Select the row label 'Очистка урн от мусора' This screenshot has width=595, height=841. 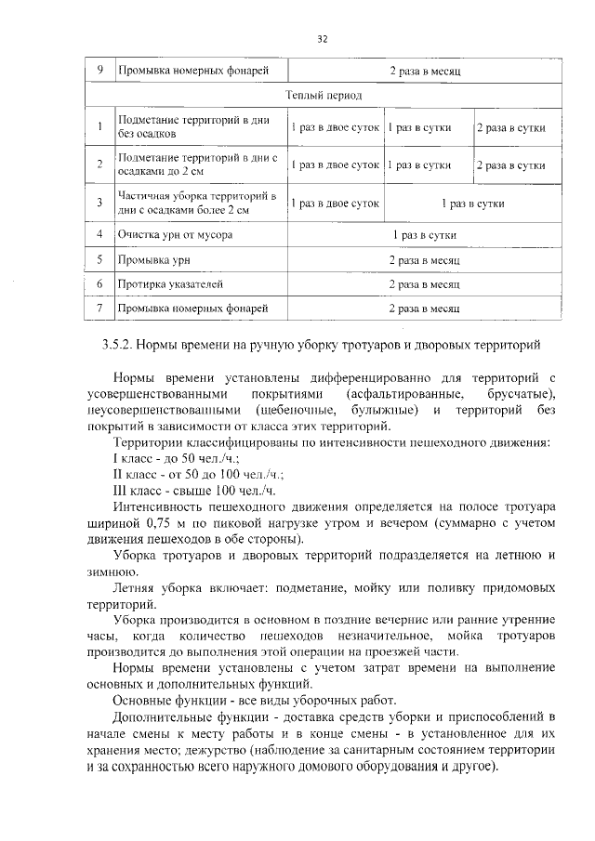(174, 235)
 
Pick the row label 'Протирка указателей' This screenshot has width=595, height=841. (168, 282)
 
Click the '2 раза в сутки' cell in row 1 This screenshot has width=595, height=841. (510, 127)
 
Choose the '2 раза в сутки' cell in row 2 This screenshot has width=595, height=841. (510, 165)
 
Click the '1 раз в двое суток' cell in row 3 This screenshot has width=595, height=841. (334, 202)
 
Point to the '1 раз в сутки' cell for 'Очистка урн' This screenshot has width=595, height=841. (425, 235)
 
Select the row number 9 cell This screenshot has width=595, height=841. (99, 71)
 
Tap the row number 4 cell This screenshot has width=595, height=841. (99, 235)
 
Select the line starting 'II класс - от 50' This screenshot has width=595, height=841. (185, 473)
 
